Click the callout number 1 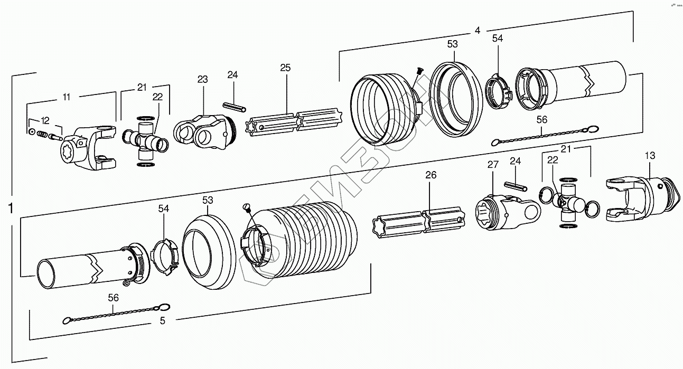pos(11,209)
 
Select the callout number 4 pos(477,31)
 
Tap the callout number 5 pos(162,320)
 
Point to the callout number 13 pos(649,155)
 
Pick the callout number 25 pos(285,68)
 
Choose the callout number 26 pos(431,175)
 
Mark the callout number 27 pos(493,165)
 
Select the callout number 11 pos(67,97)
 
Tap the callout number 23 pos(203,79)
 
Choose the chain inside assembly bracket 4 pos(544,135)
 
